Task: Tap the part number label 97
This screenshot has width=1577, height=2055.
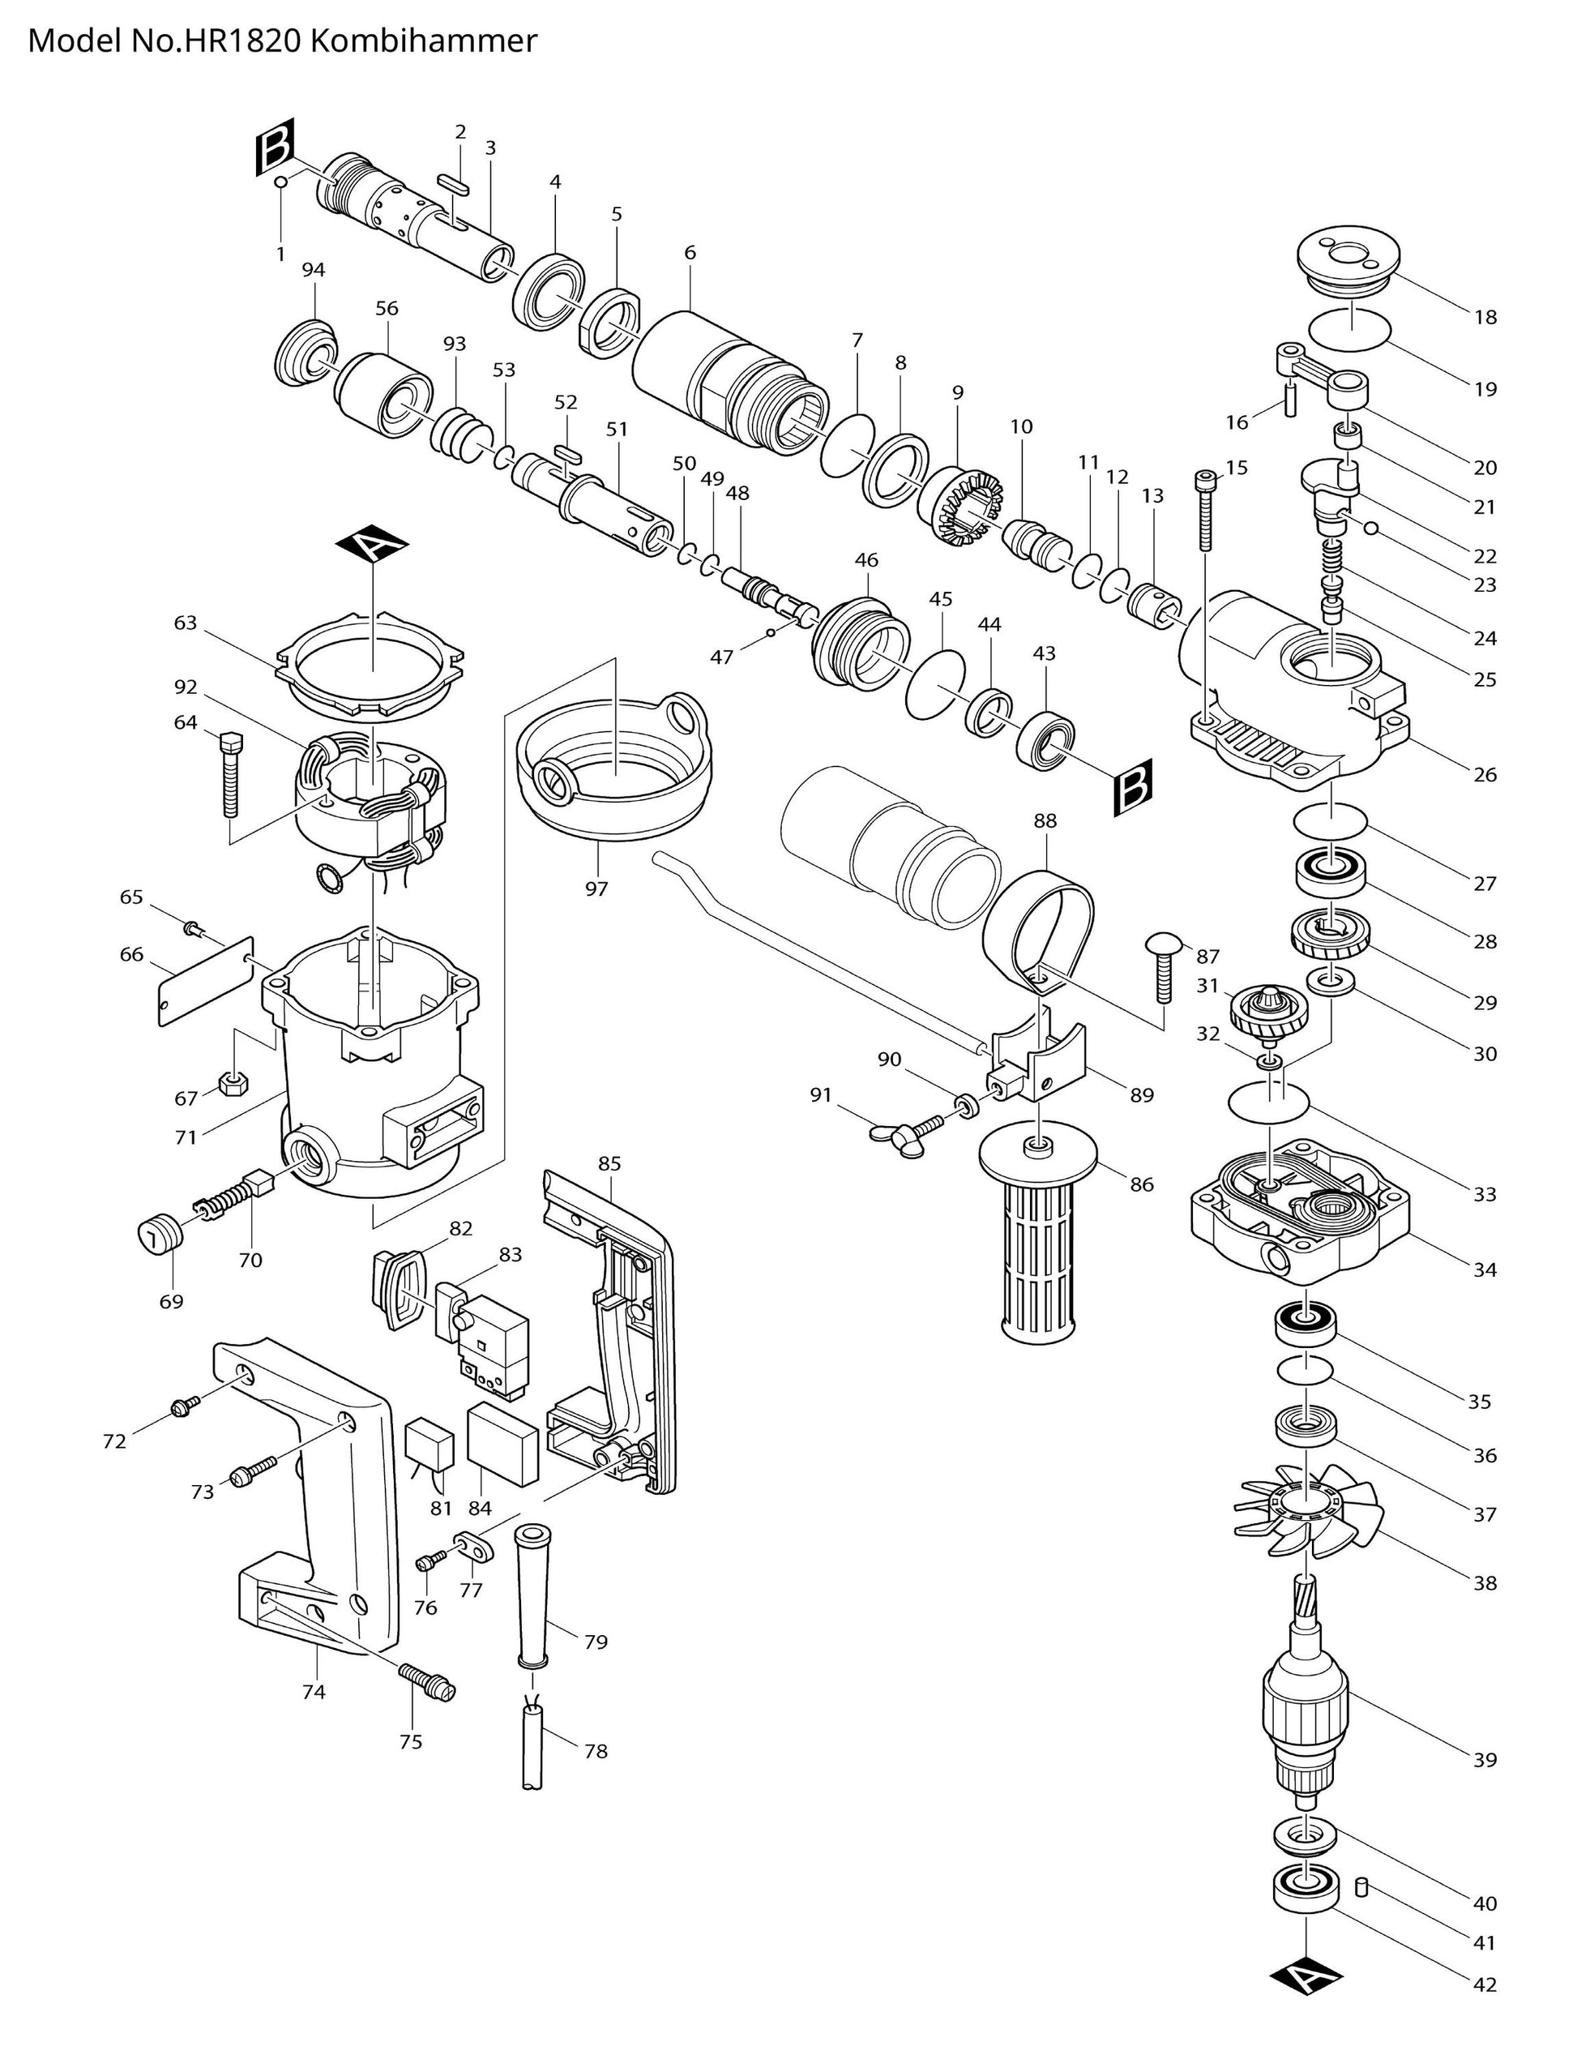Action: [596, 888]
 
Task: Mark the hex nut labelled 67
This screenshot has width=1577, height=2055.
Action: [232, 1085]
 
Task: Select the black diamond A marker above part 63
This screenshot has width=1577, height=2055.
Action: [374, 545]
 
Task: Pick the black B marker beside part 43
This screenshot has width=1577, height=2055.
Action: [1133, 784]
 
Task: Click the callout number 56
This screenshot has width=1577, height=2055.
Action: [387, 308]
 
